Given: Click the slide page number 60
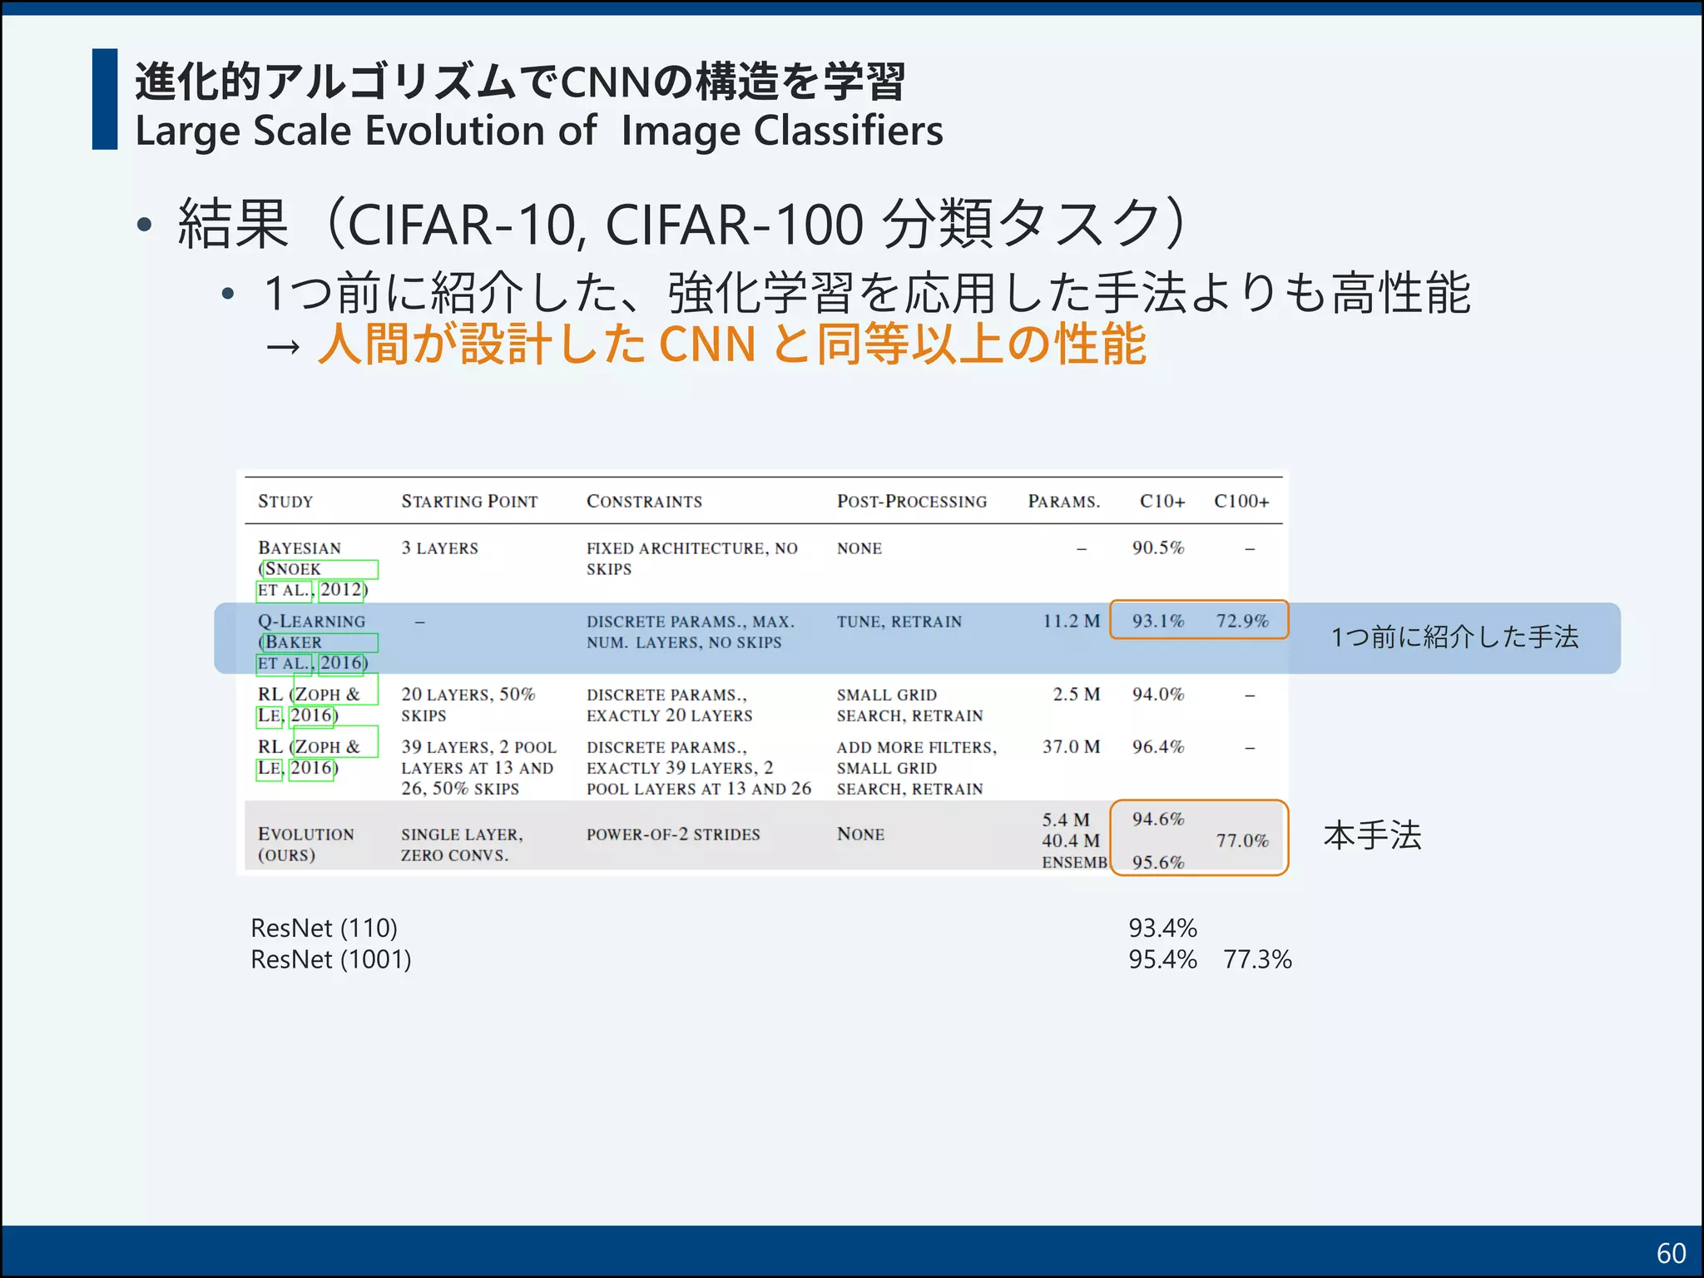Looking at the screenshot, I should [1671, 1253].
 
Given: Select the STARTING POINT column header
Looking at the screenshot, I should [469, 501].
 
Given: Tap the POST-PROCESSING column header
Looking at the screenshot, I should [911, 501].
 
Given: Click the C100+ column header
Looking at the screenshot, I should [1241, 501].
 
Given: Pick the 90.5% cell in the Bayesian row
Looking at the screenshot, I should [1157, 547].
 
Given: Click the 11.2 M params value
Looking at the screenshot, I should [1071, 621].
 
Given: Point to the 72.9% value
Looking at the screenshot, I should [1241, 621].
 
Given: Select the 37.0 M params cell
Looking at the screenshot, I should [1071, 746].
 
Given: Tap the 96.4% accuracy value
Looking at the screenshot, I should [1157, 746].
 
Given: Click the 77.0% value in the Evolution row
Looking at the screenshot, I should [1241, 840].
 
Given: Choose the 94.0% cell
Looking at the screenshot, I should [1157, 694].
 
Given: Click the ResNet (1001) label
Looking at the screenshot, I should [331, 959].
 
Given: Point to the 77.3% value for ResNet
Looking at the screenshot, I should [1257, 959].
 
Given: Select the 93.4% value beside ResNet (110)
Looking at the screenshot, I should [1162, 928].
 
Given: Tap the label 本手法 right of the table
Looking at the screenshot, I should [1372, 835].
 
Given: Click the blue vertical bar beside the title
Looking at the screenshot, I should [105, 99].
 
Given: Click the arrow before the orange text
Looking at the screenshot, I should [282, 345].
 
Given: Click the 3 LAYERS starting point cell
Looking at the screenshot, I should [439, 548].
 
